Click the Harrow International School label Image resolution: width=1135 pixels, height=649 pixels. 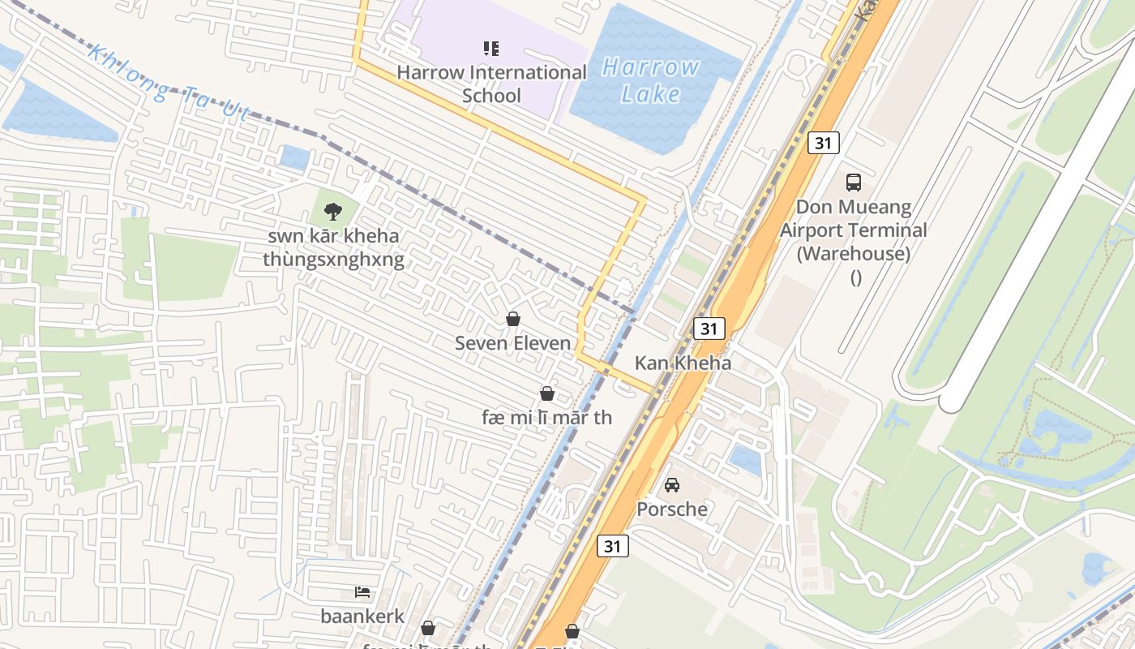click(x=491, y=84)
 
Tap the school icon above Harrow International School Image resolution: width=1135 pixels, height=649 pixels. click(x=491, y=49)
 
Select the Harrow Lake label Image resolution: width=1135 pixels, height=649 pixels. click(x=651, y=80)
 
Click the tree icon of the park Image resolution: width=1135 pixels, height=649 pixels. click(x=332, y=212)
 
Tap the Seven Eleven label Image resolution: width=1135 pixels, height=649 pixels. click(x=512, y=343)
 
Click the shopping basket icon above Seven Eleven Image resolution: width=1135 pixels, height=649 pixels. click(x=512, y=319)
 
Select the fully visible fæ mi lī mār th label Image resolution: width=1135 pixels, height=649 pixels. click(x=546, y=418)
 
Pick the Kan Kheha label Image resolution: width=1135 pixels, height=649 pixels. click(x=683, y=363)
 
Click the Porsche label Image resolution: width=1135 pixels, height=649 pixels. click(x=672, y=509)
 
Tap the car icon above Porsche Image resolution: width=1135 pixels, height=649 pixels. click(x=672, y=485)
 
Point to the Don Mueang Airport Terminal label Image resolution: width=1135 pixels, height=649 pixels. click(x=854, y=230)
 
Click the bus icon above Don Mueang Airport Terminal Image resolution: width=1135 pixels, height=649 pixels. click(x=853, y=182)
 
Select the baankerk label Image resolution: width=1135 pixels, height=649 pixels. click(x=362, y=617)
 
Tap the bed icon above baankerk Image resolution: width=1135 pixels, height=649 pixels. click(x=362, y=592)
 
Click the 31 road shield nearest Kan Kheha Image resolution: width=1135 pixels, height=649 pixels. click(x=709, y=329)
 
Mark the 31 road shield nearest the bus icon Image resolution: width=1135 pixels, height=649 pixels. click(x=823, y=143)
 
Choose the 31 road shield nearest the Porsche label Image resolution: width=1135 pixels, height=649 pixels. click(x=612, y=546)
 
